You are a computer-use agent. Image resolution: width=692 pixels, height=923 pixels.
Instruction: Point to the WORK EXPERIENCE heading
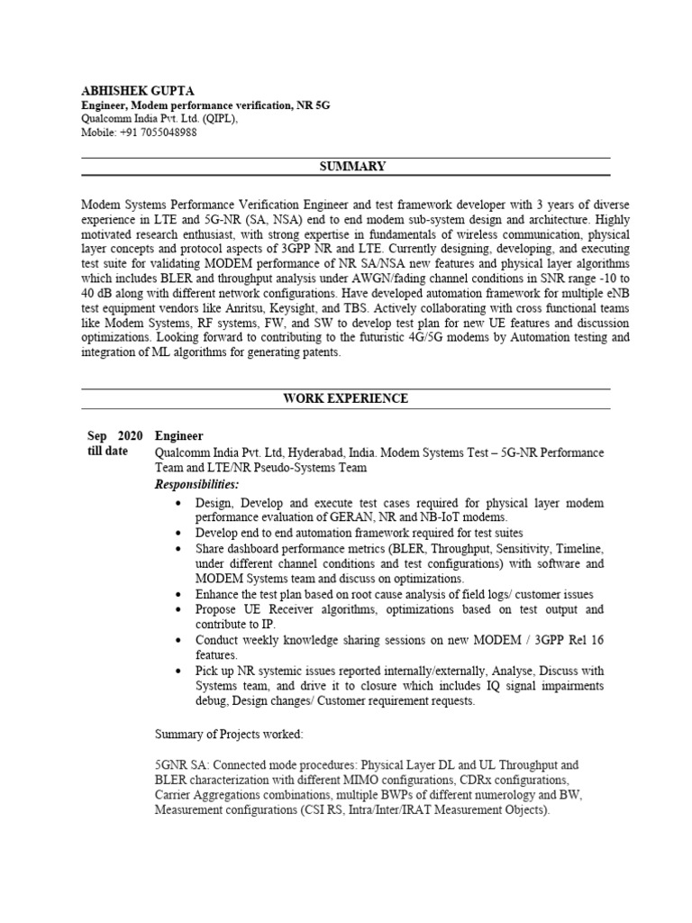346,398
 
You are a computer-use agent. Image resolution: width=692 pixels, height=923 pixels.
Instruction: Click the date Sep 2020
115,435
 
